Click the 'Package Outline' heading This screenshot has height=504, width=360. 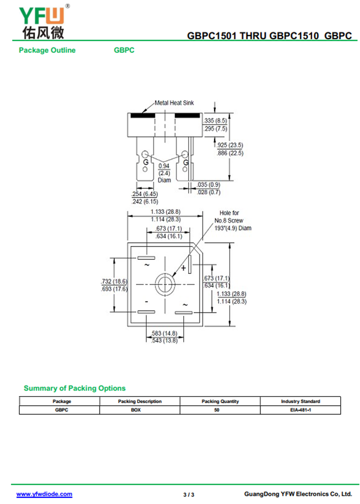[x=47, y=50]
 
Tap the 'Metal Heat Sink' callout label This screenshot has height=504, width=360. [x=174, y=103]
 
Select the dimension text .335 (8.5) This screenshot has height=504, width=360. [x=215, y=120]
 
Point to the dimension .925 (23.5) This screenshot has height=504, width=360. [x=230, y=145]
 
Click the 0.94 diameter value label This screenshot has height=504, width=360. [x=164, y=166]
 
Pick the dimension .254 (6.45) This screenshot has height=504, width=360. [x=145, y=194]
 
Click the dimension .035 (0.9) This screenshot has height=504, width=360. [x=209, y=184]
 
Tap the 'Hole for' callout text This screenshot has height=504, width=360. [x=229, y=213]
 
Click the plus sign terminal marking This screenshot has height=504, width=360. [x=184, y=268]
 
